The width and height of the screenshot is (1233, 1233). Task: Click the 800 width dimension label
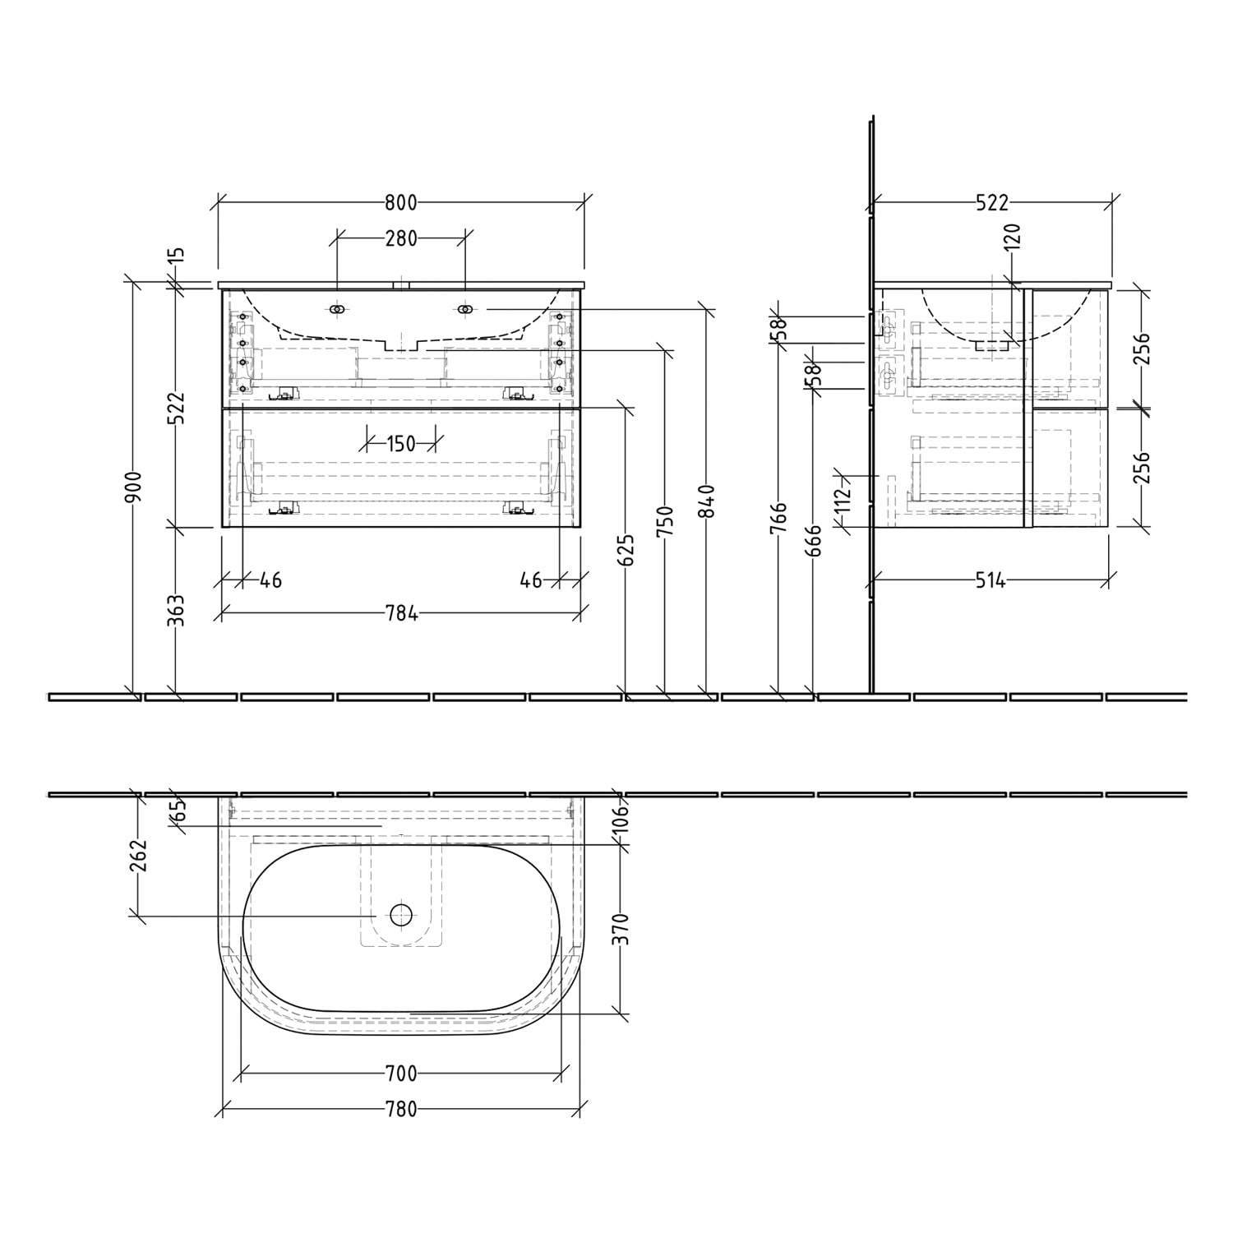pos(400,202)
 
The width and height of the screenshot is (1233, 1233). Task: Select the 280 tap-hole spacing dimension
pos(401,238)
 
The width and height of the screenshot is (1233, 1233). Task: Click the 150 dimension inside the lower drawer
pos(400,444)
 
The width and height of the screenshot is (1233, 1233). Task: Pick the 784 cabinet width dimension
pos(401,612)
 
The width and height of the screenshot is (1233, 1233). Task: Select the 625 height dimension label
pos(626,551)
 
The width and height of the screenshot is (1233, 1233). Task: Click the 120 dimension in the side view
pos(1013,237)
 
